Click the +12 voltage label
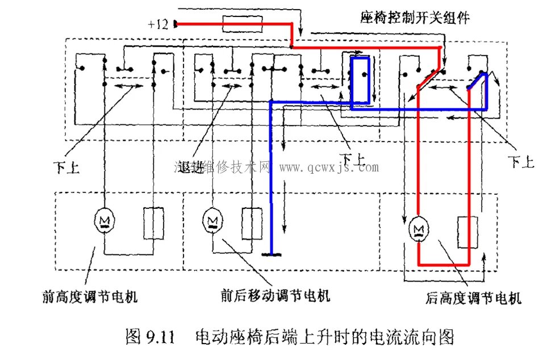157,24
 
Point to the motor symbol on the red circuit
418,227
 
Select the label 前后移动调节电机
275,296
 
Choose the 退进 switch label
189,167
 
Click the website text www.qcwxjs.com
329,168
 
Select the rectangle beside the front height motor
152,224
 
